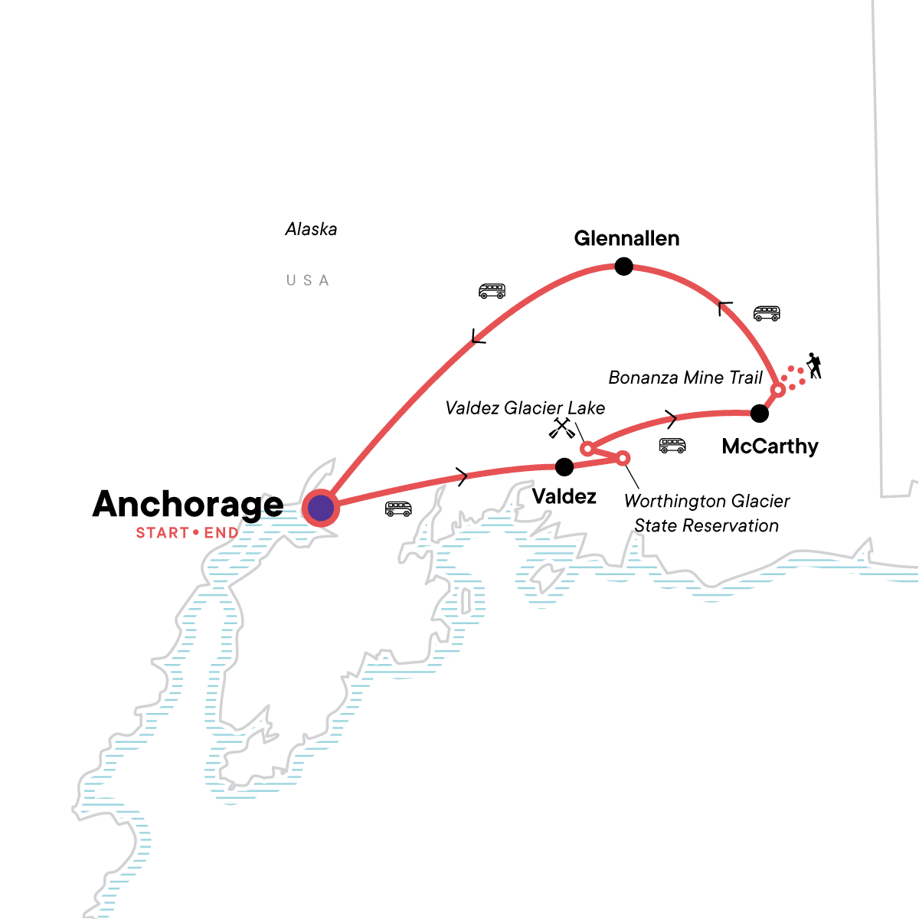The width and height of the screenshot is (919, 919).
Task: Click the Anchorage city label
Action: tap(188, 504)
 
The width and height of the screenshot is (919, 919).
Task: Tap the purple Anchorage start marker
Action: tap(321, 508)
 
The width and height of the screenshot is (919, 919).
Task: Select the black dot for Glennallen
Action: tap(624, 267)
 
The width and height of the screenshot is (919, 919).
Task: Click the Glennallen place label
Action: tap(626, 238)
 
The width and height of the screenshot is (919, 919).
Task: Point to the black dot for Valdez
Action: tap(564, 466)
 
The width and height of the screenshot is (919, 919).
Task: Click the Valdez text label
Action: tap(564, 496)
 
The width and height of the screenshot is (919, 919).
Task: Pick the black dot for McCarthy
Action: tap(759, 414)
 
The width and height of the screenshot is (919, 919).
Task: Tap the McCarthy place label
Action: tap(770, 446)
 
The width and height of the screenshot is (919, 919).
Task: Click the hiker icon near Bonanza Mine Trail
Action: tap(813, 366)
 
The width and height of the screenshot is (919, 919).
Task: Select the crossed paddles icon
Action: tap(561, 428)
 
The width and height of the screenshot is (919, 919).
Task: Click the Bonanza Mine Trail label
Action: tap(685, 378)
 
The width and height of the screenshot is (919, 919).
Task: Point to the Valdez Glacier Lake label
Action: tap(525, 408)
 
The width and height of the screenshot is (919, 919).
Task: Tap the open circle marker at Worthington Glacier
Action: tap(623, 458)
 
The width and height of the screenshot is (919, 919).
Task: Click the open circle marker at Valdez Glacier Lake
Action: tap(587, 448)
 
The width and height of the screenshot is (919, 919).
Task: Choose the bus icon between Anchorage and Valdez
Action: tap(398, 509)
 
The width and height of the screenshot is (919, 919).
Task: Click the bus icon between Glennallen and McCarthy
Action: tap(767, 313)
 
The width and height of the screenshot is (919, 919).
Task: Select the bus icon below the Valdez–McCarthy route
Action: tap(672, 446)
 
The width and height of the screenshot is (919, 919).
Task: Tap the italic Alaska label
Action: tap(311, 229)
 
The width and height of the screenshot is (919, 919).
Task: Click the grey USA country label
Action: tap(307, 280)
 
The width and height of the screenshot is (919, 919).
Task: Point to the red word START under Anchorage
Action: tap(162, 533)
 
